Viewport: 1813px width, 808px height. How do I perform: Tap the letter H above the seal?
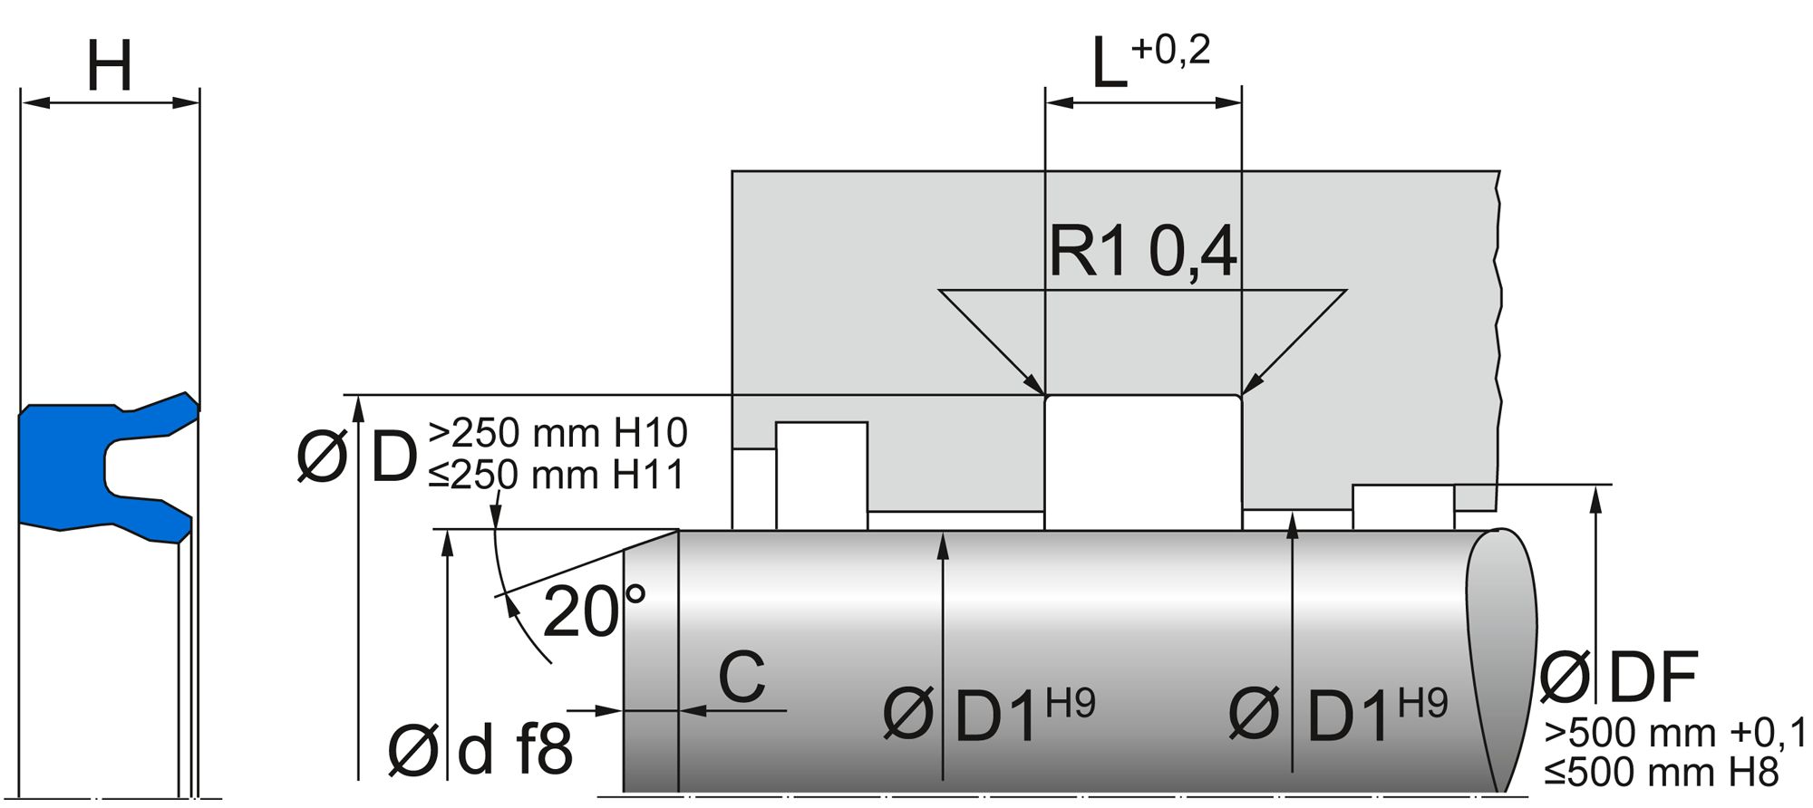pyautogui.click(x=110, y=66)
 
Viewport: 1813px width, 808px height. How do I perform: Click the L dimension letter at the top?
pyautogui.click(x=1109, y=65)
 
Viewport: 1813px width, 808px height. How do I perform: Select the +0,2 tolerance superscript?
pyautogui.click(x=1170, y=49)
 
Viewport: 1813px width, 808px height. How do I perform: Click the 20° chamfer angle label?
pyautogui.click(x=594, y=612)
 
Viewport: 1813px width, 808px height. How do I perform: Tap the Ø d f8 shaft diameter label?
pyautogui.click(x=480, y=750)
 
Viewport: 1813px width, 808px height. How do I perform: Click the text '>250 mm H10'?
pyautogui.click(x=557, y=433)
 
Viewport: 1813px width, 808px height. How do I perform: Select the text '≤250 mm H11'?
pyautogui.click(x=556, y=475)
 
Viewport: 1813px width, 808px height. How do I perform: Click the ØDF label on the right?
pyautogui.click(x=1619, y=678)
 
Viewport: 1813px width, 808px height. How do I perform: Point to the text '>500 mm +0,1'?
pyautogui.click(x=1676, y=733)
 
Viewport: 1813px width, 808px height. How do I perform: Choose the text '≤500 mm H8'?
pyautogui.click(x=1662, y=773)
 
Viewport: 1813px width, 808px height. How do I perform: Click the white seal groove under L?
pyautogui.click(x=1143, y=462)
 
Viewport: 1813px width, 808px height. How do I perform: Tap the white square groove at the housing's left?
pyautogui.click(x=821, y=475)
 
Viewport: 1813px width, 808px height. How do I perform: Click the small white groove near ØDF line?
pyautogui.click(x=1402, y=506)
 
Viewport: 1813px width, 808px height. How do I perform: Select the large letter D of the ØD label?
pyautogui.click(x=394, y=457)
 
